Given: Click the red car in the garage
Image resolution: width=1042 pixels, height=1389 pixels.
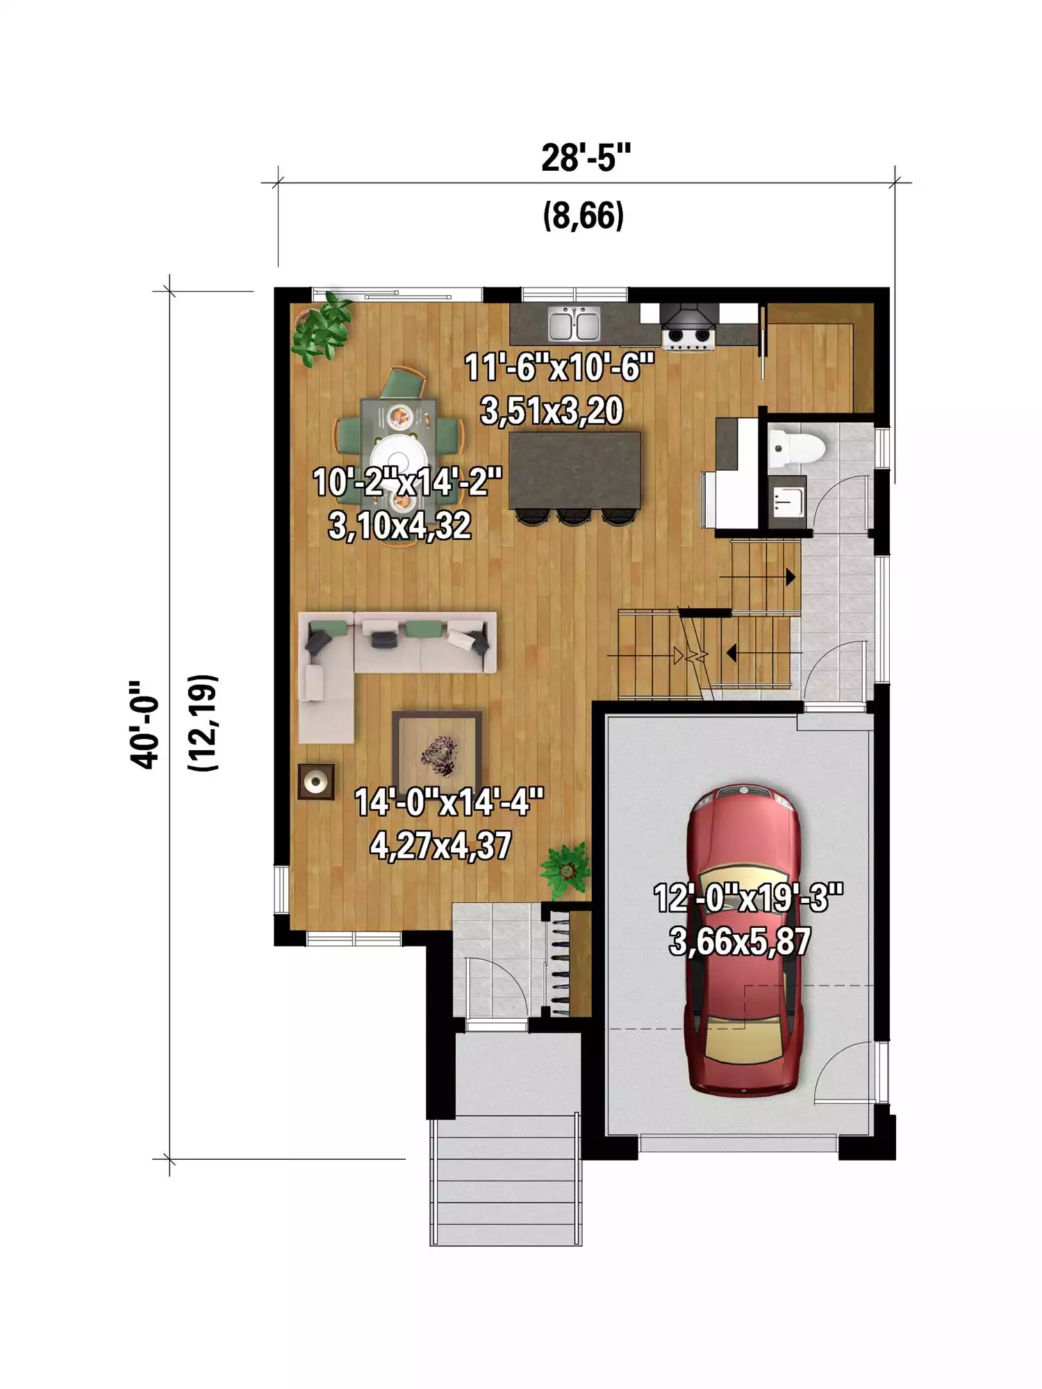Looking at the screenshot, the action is coord(743,940).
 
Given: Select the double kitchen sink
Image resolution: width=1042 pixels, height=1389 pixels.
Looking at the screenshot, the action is coord(574,324).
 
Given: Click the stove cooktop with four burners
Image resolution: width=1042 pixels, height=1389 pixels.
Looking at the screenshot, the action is coord(688,336).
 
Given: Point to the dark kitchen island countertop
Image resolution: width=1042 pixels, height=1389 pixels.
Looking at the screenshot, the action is coord(575,470).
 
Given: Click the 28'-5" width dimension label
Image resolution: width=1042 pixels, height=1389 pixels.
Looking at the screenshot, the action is coord(586,158).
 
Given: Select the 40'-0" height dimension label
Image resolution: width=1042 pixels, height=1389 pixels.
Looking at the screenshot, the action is coord(144,724).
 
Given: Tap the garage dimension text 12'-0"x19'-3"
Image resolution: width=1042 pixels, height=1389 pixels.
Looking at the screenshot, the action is coord(748,898).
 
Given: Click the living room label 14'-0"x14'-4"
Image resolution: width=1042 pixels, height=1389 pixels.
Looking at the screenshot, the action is coord(449,802).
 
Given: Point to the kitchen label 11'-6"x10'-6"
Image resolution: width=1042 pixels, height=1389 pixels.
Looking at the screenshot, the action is coord(559,367).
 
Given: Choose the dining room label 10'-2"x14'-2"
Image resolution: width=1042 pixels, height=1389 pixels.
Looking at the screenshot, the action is coord(407,482).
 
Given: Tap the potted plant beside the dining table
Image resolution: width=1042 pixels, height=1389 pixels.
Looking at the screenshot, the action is coord(322,329).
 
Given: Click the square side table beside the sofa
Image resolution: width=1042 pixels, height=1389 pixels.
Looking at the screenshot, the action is coord(316,782).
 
